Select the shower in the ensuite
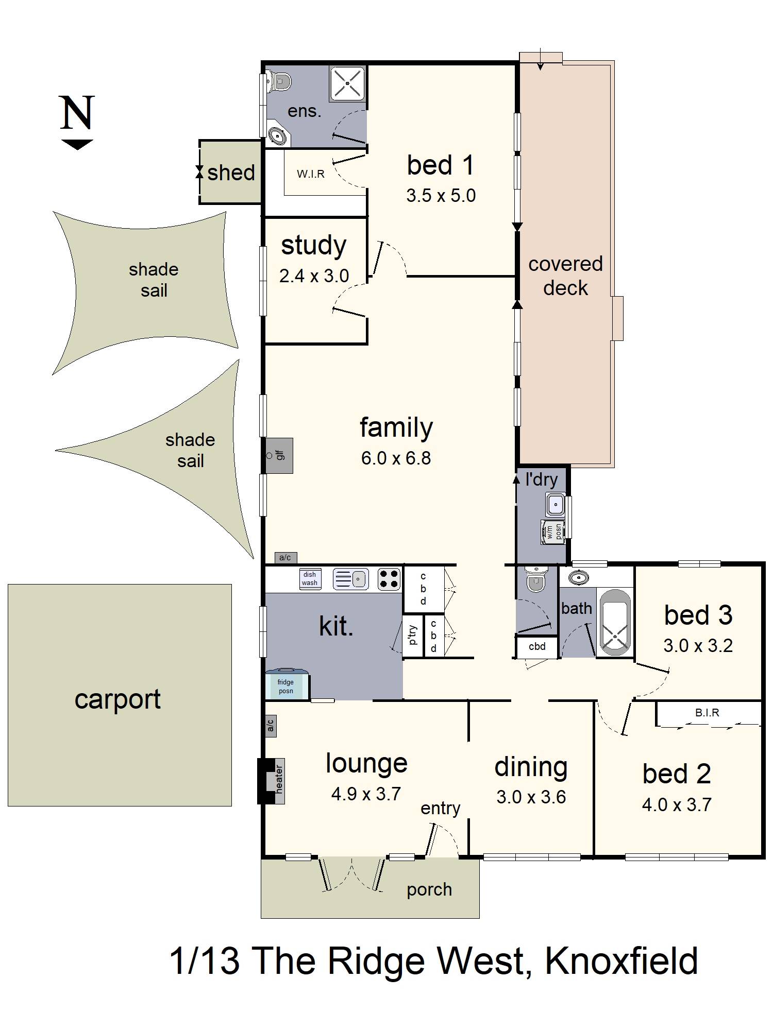click(347, 83)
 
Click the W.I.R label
click(311, 174)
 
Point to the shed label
click(231, 173)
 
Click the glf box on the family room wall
click(278, 455)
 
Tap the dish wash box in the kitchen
click(310, 579)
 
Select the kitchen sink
click(350, 578)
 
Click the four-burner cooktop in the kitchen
click(390, 578)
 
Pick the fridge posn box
click(287, 684)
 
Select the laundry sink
click(556, 505)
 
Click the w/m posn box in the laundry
click(553, 532)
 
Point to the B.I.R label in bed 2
click(707, 713)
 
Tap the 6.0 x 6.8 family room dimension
click(396, 458)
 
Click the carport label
click(117, 699)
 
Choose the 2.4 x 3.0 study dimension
click(314, 276)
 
